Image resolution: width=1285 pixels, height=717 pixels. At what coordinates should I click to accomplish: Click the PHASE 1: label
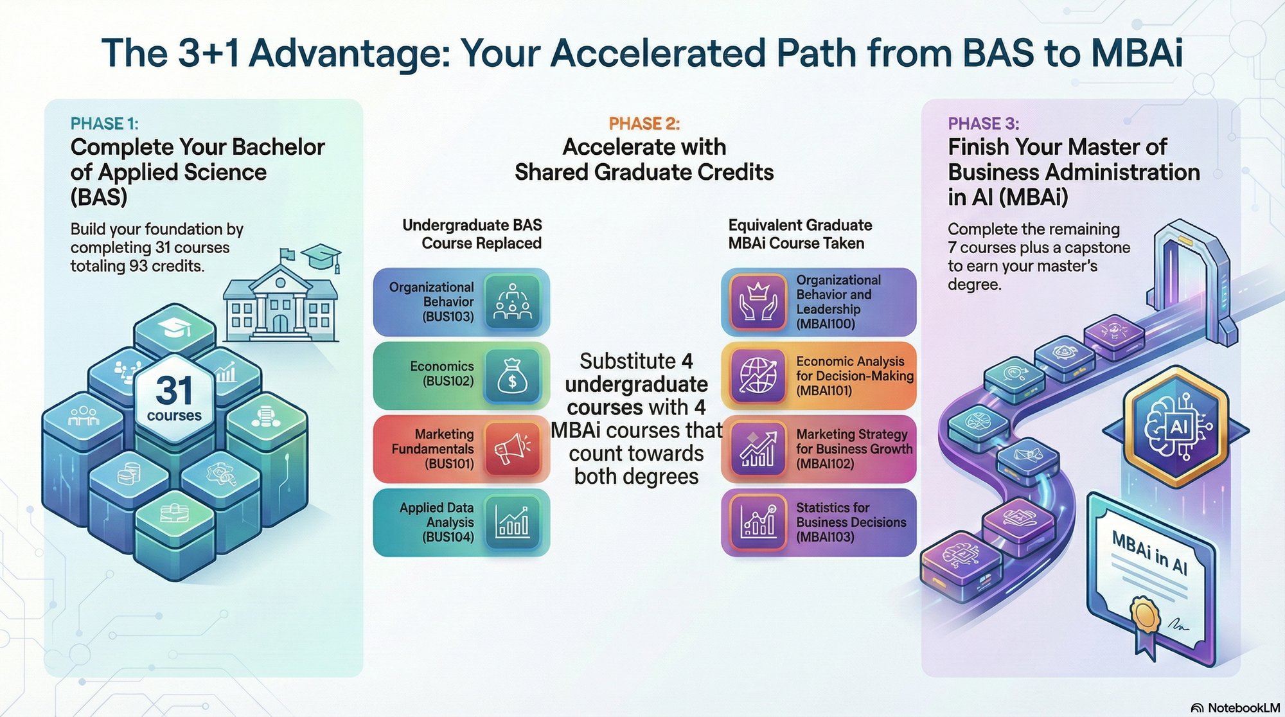(104, 123)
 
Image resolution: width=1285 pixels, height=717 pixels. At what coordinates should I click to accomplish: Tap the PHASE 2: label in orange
(644, 123)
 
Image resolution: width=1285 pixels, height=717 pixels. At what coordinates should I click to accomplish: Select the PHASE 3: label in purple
(983, 123)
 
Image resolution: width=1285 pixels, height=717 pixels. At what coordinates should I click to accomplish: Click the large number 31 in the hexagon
(173, 390)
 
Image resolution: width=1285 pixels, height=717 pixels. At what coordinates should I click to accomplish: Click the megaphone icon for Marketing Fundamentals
(512, 448)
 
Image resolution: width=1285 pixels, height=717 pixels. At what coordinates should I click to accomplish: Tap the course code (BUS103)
(448, 317)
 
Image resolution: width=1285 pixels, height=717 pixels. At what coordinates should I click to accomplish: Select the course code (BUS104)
(448, 537)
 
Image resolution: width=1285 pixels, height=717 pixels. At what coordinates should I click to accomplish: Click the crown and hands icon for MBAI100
(758, 302)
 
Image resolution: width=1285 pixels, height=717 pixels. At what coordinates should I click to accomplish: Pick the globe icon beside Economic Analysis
(758, 375)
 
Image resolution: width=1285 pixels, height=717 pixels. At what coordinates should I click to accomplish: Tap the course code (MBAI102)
(825, 463)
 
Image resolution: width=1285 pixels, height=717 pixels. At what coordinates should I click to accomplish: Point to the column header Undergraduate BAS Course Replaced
(472, 234)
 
